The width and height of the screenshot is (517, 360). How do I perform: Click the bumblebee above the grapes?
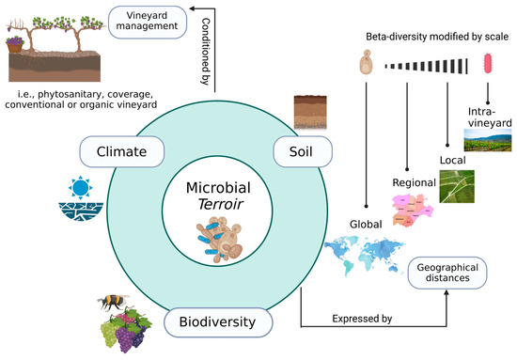point(112,304)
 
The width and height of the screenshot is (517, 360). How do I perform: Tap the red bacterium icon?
point(487,65)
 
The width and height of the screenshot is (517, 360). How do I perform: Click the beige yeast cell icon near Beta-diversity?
point(364,65)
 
